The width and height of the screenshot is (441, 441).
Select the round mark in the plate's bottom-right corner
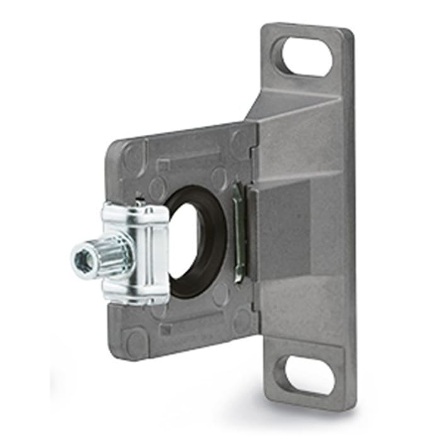tap(243, 321)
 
